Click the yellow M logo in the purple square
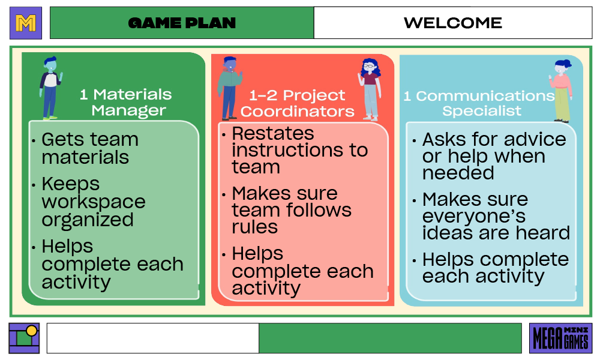(x=26, y=23)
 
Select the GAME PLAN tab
(x=182, y=23)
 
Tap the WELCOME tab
(x=452, y=23)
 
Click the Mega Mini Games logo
(x=560, y=338)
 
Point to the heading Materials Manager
(x=127, y=103)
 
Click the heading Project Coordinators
(x=298, y=103)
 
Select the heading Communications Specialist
(x=479, y=103)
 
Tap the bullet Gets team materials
(x=90, y=148)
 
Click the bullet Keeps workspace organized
(x=93, y=202)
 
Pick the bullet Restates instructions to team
(x=299, y=150)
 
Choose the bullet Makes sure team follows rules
(x=292, y=210)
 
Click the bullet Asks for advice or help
(x=493, y=156)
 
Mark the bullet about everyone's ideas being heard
(x=496, y=216)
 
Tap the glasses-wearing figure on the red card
(x=370, y=88)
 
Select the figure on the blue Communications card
(x=562, y=90)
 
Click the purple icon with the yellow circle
(x=25, y=338)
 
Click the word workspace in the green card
(x=93, y=202)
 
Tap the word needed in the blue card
(x=458, y=173)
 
